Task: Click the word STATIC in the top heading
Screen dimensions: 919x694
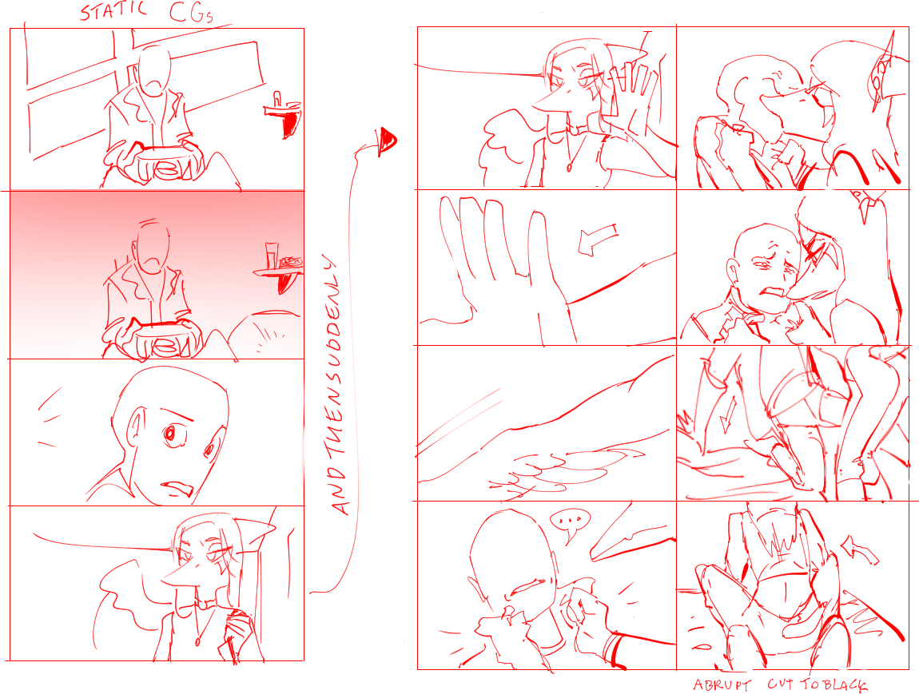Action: tap(113, 12)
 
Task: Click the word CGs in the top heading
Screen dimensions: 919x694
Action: tap(191, 12)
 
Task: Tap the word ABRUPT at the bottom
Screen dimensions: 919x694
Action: tap(722, 685)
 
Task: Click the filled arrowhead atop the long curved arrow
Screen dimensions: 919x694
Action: tap(387, 141)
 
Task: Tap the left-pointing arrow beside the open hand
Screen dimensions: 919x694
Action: tap(597, 239)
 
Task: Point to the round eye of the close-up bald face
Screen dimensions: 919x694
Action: tap(169, 434)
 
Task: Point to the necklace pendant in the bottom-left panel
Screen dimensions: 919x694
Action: tap(198, 641)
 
